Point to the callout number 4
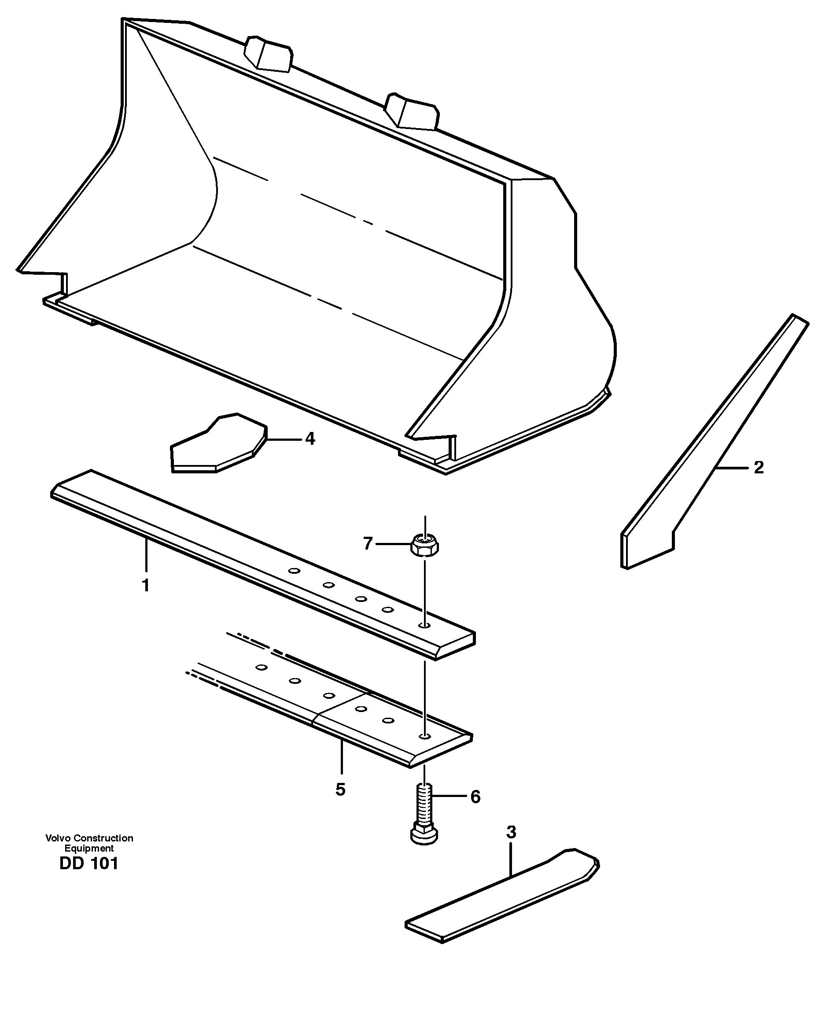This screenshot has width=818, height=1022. coord(310,439)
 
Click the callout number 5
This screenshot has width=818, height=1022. coord(340,789)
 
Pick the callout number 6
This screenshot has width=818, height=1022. coord(475,797)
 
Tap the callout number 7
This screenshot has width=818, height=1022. coord(368,543)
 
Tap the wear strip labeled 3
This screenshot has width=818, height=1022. coord(502,896)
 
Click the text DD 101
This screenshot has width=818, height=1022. coord(88,863)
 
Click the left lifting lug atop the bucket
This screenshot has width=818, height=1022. coord(268,53)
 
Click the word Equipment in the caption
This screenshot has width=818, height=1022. coord(89,849)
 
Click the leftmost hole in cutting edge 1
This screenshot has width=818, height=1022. coord(294,571)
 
